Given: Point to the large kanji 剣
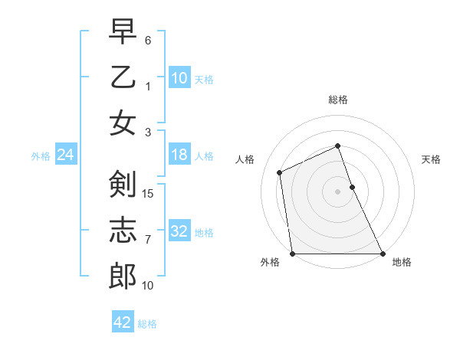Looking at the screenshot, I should click(123, 184).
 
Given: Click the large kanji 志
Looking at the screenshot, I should click(123, 231).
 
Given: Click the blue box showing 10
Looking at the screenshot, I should click(179, 78).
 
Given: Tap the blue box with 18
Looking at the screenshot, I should click(179, 155).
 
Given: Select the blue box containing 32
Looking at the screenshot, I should click(179, 231).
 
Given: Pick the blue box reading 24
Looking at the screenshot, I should click(65, 155).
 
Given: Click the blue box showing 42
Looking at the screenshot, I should click(123, 322).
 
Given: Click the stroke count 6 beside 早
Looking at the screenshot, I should click(148, 39).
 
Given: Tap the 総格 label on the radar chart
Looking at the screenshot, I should click(338, 100).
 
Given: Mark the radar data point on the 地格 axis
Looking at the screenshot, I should click(382, 254).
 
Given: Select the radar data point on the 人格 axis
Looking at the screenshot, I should click(280, 172).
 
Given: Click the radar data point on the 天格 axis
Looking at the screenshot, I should click(352, 187).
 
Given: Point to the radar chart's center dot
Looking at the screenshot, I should click(337, 191).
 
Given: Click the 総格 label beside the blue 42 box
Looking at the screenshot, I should click(147, 324).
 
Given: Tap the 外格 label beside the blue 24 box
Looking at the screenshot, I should click(41, 156).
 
